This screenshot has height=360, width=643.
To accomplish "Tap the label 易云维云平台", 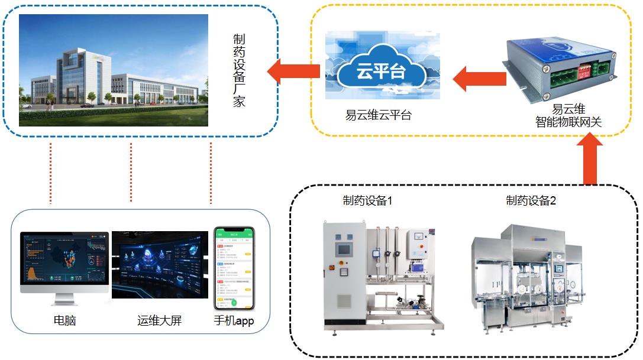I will pyautogui.click(x=379, y=115).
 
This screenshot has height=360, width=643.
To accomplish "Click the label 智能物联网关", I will pyautogui.click(x=568, y=122).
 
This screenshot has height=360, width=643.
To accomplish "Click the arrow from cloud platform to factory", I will pyautogui.click(x=293, y=72).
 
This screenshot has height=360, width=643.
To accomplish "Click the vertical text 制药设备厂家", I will pyautogui.click(x=239, y=70).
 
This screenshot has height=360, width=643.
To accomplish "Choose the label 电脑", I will pyautogui.click(x=64, y=321).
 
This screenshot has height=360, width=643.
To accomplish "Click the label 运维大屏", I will pyautogui.click(x=159, y=321).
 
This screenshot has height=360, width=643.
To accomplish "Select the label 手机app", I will pyautogui.click(x=233, y=321).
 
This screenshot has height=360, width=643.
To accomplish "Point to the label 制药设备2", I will pyautogui.click(x=531, y=201).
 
